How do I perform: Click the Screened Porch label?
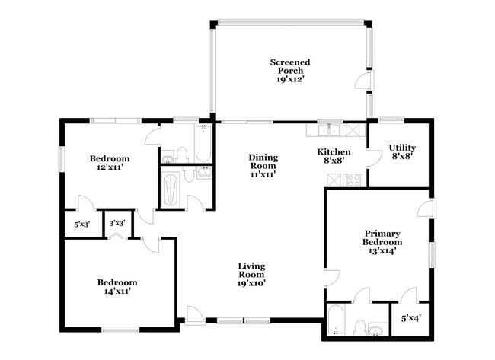coord(289,70)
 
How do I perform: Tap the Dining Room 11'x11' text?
coord(263,165)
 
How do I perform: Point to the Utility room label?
coord(401,152)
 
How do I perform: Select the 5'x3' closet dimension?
coord(81,225)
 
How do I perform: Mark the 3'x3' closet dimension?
coord(117,224)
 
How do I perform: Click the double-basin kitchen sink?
coord(329,129)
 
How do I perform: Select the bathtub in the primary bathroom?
coord(336,320)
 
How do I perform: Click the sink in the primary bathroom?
coord(377,329)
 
